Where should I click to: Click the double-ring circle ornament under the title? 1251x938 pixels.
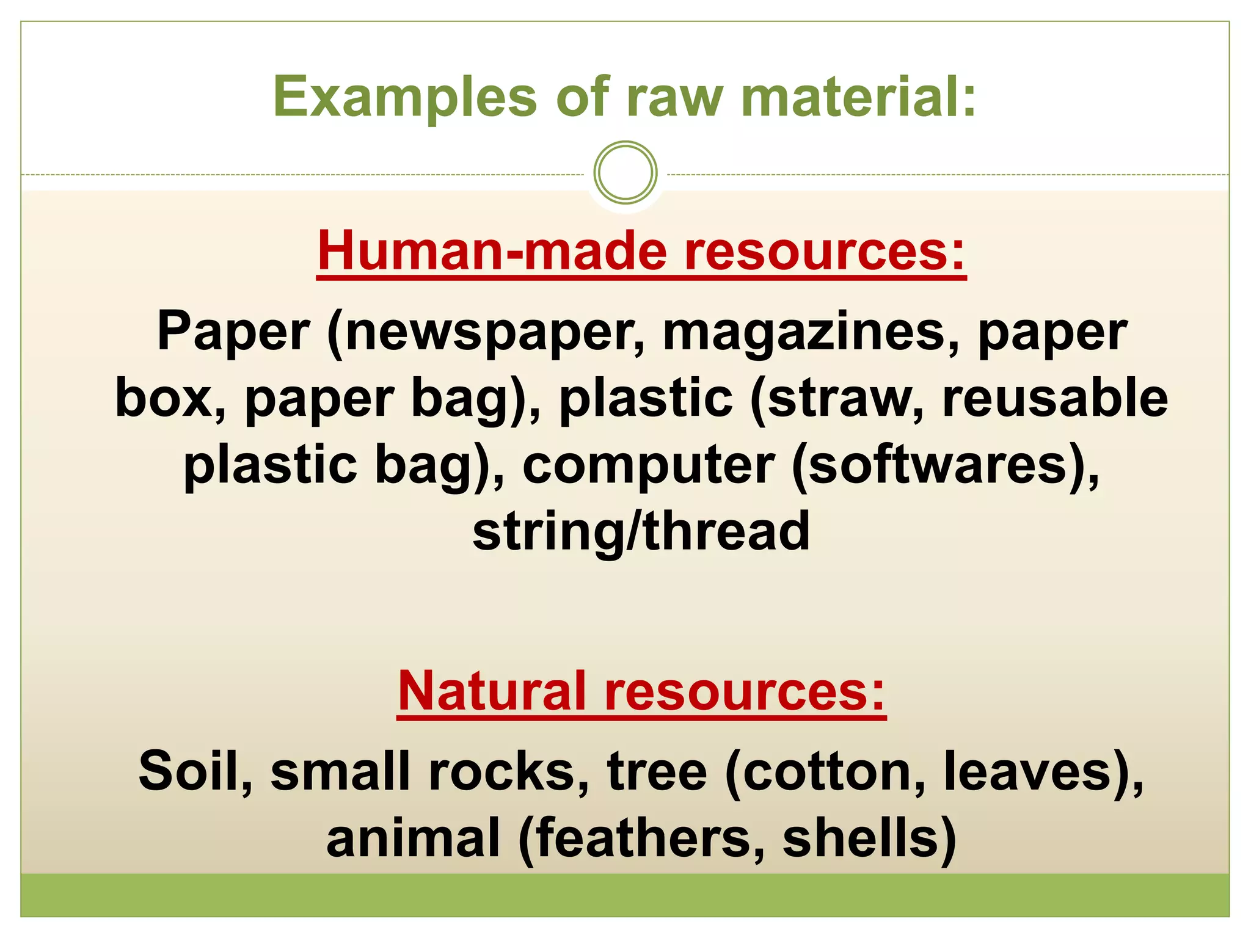pos(625,172)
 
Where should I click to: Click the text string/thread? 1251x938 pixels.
pos(641,531)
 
